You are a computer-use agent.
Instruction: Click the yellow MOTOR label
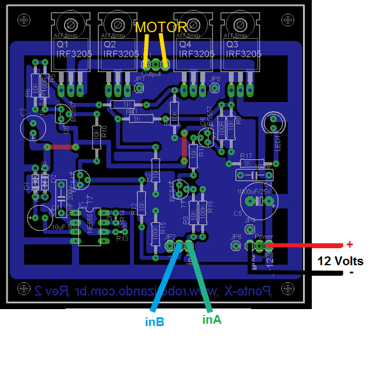(x=161, y=27)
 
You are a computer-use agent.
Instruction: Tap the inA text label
(x=212, y=320)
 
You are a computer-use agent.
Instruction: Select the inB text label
(x=154, y=321)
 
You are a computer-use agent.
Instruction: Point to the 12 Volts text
(x=340, y=261)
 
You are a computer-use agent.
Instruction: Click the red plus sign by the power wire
(x=350, y=244)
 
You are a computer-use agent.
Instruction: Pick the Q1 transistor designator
(x=63, y=44)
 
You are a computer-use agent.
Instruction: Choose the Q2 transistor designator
(x=109, y=44)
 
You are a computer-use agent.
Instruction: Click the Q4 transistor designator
(x=185, y=44)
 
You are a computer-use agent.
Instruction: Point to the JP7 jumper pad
(x=140, y=88)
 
